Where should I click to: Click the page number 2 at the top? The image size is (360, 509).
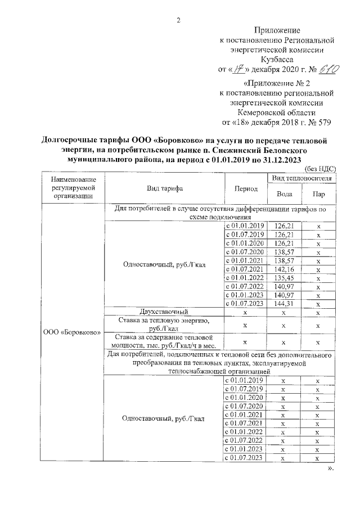point(178,21)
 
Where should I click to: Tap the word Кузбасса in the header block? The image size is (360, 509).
point(276,59)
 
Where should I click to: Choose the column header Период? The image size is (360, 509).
point(245,188)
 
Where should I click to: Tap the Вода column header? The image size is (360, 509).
point(283,193)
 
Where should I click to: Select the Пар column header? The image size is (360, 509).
point(318,193)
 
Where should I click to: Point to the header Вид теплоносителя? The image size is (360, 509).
point(301,178)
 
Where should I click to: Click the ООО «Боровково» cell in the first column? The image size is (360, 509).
point(72,332)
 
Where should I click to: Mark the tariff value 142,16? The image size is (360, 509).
point(283,269)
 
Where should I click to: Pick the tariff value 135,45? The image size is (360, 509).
point(283,278)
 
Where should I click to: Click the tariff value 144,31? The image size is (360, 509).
point(283,303)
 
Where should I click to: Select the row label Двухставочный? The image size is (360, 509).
point(164,312)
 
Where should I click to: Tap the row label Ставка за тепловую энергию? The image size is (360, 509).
point(164,324)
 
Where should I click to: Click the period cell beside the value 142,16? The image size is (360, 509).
point(245,269)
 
